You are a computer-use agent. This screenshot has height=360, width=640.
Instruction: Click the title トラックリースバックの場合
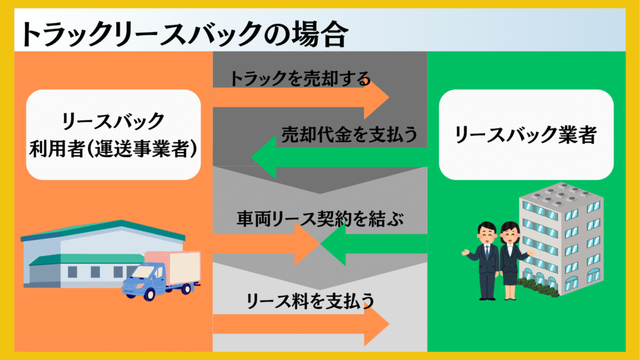184,34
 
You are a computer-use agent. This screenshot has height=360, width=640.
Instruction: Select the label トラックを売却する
300,78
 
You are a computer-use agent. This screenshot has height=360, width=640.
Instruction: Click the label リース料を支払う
310,301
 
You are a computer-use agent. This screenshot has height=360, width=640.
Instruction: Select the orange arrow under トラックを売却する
301,98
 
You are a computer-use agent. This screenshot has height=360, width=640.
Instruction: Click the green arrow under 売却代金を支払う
339,157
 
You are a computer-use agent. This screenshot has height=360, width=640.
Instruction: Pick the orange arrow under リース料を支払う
301,324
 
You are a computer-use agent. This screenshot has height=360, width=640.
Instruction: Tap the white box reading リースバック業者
526,135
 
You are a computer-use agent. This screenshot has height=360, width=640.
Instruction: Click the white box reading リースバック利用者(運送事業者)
114,135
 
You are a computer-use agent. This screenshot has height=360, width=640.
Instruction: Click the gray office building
561,239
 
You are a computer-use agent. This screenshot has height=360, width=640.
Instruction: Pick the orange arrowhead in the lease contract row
307,244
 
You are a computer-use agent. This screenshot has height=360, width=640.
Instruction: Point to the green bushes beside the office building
538,286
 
